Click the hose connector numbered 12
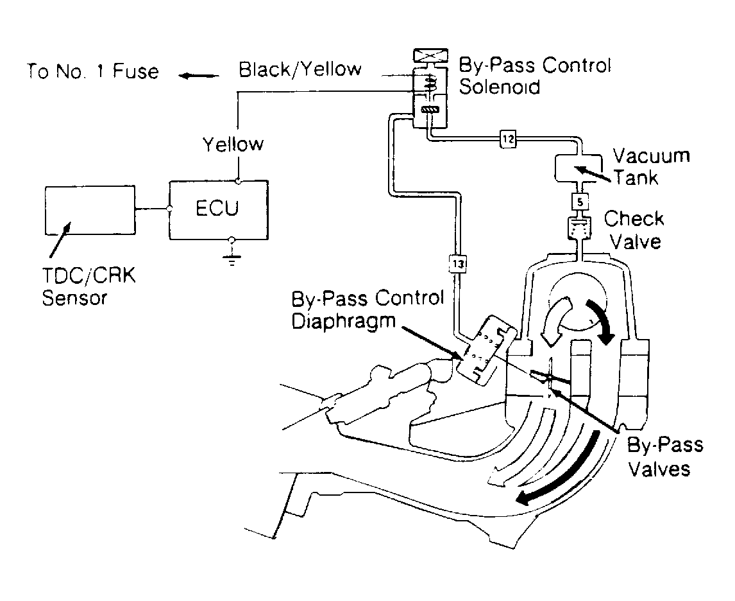point(508,139)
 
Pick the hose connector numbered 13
point(458,264)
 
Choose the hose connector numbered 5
point(580,202)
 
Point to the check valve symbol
point(580,229)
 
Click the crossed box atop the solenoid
point(430,55)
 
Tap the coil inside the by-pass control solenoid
point(430,85)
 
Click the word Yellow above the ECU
point(233,144)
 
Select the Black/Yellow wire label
point(300,69)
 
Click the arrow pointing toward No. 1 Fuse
point(199,75)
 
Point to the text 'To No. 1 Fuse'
point(92,71)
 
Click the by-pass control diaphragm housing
point(487,349)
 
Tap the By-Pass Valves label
point(664,457)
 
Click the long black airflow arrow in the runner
point(562,469)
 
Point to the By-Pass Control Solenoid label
point(535,76)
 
